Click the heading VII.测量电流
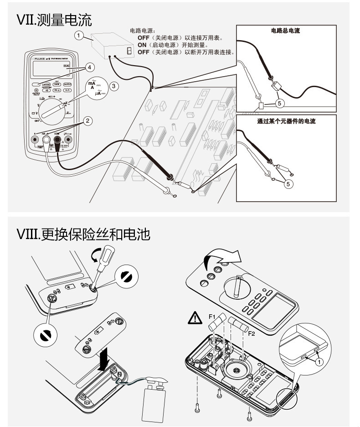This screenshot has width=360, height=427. (x=54, y=20)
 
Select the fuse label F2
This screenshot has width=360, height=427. (x=251, y=333)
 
